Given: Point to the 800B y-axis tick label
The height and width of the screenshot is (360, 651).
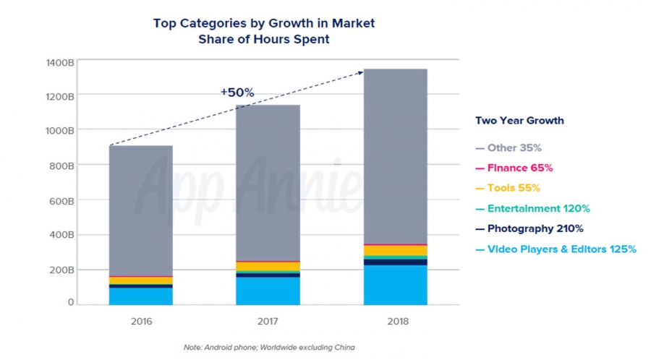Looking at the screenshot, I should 61,166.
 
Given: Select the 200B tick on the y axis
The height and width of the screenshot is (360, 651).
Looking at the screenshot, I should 61,270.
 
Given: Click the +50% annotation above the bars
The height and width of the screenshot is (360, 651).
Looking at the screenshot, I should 237,93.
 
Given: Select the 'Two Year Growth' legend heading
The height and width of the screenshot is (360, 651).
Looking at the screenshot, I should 519,121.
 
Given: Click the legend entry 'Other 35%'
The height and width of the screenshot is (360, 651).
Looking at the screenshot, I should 514,148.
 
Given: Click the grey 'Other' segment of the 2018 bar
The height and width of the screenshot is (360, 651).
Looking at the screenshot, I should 395,155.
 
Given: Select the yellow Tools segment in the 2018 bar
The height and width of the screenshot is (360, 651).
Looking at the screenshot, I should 395,250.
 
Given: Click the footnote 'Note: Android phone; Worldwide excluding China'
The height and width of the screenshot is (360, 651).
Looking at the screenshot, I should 269,348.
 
